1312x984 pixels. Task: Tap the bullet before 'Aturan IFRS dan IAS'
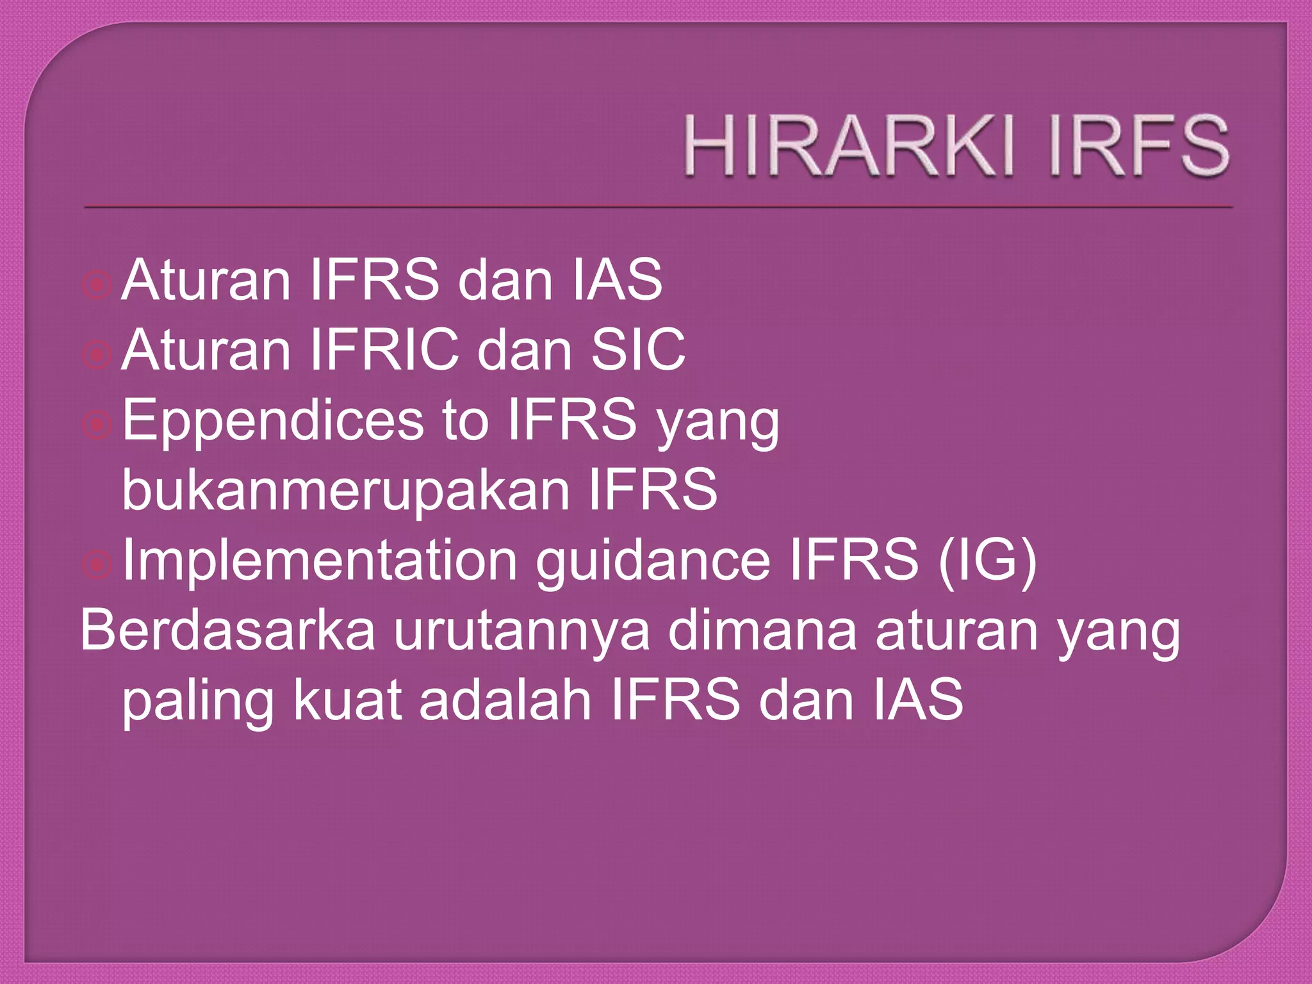click(97, 284)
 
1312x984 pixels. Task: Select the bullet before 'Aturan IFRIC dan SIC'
click(97, 354)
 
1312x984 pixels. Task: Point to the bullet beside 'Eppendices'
click(97, 423)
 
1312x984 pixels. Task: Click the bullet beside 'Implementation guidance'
click(97, 564)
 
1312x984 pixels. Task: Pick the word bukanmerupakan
click(346, 490)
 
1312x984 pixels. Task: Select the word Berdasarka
click(227, 630)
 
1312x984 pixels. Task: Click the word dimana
click(762, 630)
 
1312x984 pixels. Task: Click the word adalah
click(505, 700)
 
